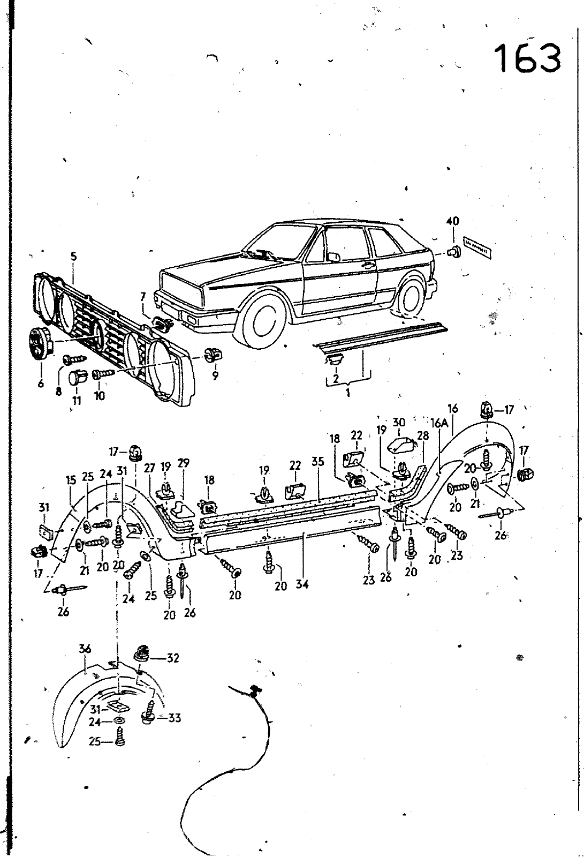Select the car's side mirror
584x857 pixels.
pos(333,257)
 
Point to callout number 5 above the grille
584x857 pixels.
pos(74,257)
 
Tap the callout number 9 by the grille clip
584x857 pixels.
pos(215,375)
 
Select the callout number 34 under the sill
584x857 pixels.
pos(302,584)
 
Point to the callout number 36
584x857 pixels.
pos(85,649)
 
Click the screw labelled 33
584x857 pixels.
pos(148,715)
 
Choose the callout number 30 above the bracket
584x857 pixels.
pos(399,423)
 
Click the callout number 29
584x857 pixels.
pos(184,463)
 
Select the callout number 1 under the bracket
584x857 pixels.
pos(347,393)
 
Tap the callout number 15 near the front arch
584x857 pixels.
pos(72,480)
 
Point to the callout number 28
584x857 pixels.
pos(423,436)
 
